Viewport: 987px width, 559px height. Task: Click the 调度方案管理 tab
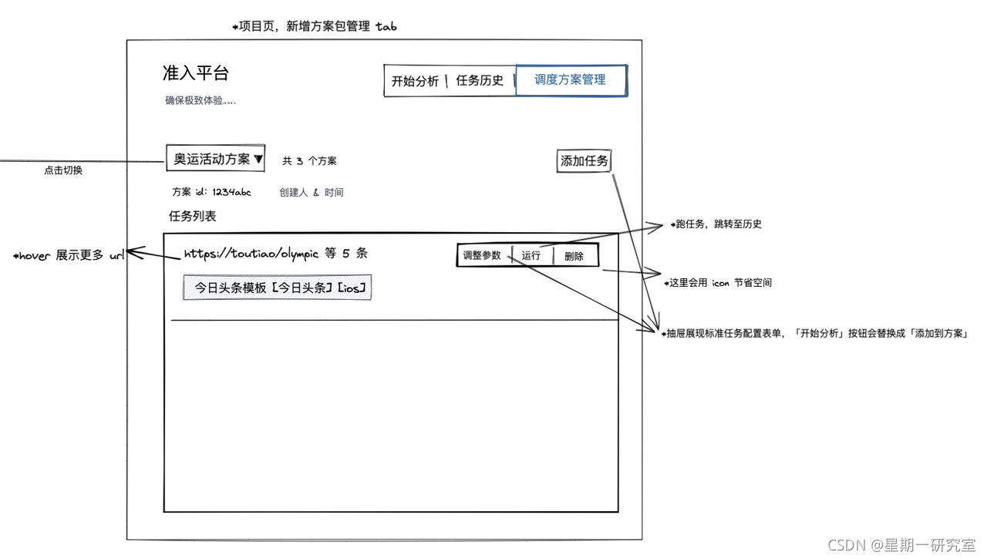pyautogui.click(x=571, y=80)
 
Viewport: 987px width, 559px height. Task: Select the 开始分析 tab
pyautogui.click(x=415, y=81)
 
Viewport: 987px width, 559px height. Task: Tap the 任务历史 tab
pyautogui.click(x=480, y=81)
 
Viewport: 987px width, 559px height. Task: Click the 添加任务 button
pyautogui.click(x=584, y=161)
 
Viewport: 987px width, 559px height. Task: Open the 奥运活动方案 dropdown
pyautogui.click(x=216, y=159)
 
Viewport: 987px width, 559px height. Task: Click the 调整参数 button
pyautogui.click(x=482, y=256)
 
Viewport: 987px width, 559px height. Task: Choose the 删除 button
pyautogui.click(x=574, y=257)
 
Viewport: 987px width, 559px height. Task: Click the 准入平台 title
pyautogui.click(x=196, y=73)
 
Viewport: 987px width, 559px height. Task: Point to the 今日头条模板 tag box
pyautogui.click(x=278, y=288)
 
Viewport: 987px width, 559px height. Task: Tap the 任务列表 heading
pyautogui.click(x=193, y=217)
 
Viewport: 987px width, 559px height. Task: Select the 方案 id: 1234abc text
pyautogui.click(x=211, y=192)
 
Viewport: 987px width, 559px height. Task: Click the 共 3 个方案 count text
pyautogui.click(x=309, y=161)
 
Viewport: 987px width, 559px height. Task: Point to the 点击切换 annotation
pyautogui.click(x=63, y=170)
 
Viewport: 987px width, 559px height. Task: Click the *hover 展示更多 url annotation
pyautogui.click(x=68, y=256)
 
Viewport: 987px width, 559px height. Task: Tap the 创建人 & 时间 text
pyautogui.click(x=312, y=193)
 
